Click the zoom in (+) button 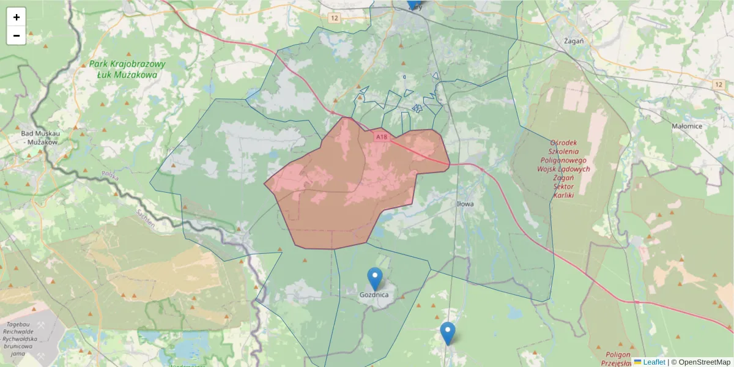pyautogui.click(x=17, y=17)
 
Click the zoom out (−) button pyautogui.click(x=17, y=35)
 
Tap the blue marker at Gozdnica pyautogui.click(x=374, y=278)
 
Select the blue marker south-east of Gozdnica pyautogui.click(x=448, y=333)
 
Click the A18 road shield pyautogui.click(x=382, y=137)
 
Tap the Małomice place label pyautogui.click(x=687, y=126)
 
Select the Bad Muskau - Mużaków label pyautogui.click(x=39, y=137)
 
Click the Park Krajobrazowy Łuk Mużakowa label pyautogui.click(x=127, y=69)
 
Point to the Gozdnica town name pyautogui.click(x=374, y=294)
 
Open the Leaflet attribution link pyautogui.click(x=653, y=362)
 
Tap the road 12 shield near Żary pyautogui.click(x=333, y=18)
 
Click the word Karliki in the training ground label pyautogui.click(x=562, y=195)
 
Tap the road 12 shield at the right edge pyautogui.click(x=718, y=83)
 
